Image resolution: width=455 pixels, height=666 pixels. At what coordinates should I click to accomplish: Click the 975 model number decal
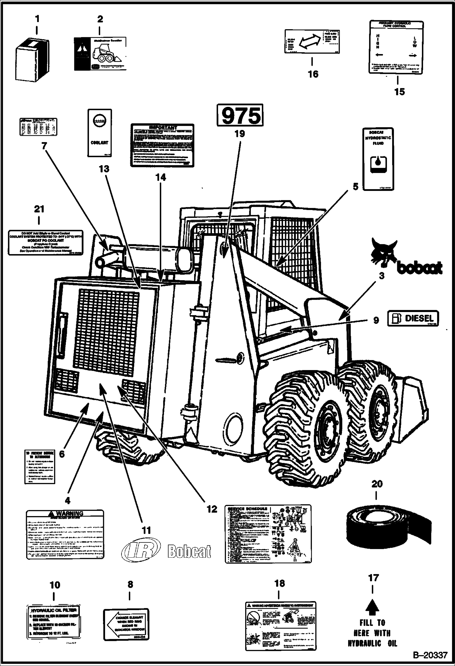click(x=240, y=115)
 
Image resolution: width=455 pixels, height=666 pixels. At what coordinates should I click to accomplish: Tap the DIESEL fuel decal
click(x=413, y=318)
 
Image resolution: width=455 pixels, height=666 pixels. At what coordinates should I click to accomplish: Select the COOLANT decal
click(x=100, y=133)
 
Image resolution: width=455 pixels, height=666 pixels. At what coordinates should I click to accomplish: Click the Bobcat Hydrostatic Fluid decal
click(x=378, y=159)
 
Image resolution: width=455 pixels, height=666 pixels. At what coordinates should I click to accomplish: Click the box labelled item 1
click(x=33, y=60)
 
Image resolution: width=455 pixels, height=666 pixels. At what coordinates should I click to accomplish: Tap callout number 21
click(x=39, y=209)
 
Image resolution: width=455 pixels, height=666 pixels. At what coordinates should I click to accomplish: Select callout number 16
click(x=313, y=74)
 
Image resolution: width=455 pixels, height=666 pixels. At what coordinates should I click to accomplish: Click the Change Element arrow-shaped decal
click(x=126, y=624)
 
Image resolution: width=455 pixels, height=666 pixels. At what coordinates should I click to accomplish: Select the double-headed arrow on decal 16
click(x=310, y=41)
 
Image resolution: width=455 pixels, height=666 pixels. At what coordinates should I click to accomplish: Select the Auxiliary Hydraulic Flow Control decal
click(x=396, y=47)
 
